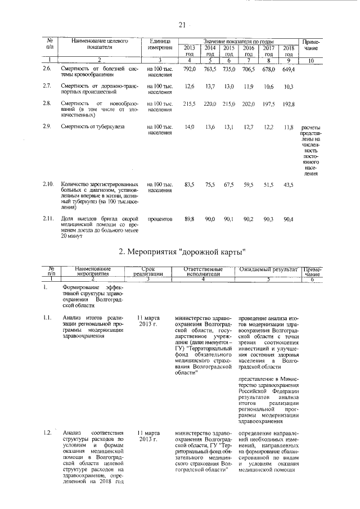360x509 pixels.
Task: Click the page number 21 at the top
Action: pos(182,24)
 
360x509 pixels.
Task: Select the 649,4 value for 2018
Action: pos(289,69)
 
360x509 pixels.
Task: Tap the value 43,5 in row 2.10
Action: pos(289,184)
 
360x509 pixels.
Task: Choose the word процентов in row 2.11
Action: pos(160,219)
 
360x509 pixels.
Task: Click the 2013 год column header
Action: pos(190,51)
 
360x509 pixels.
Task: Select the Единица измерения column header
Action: pos(160,44)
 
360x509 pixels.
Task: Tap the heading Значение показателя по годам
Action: pos(238,42)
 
